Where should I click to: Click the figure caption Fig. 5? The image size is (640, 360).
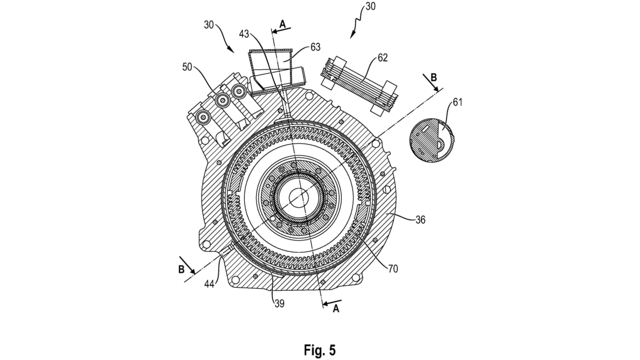click(x=319, y=350)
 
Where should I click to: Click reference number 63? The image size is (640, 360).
click(x=315, y=47)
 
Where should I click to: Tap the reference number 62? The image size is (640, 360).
click(x=383, y=58)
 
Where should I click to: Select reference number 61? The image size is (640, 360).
click(x=458, y=102)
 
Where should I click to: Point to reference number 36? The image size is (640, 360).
click(x=420, y=220)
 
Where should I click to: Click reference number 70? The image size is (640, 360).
click(x=393, y=269)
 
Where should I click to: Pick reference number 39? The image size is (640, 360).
click(x=279, y=303)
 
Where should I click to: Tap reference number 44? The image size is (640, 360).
click(x=209, y=284)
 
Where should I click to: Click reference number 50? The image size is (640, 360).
click(x=187, y=67)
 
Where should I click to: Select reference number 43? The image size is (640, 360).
click(x=244, y=34)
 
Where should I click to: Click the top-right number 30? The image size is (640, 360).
click(x=370, y=7)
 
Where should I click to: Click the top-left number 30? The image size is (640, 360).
click(x=209, y=25)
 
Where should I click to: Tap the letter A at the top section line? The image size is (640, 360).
click(x=282, y=24)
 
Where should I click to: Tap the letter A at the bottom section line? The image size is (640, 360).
click(x=336, y=309)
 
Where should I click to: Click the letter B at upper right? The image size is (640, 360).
click(x=433, y=78)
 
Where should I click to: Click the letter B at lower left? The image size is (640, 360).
click(x=181, y=269)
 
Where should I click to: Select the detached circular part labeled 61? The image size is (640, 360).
click(x=431, y=142)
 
